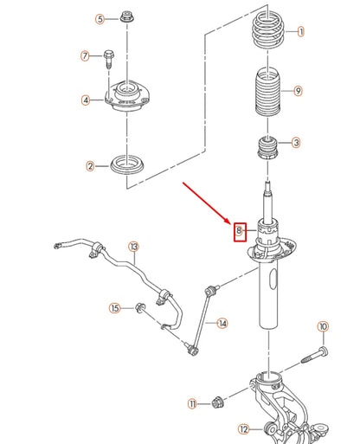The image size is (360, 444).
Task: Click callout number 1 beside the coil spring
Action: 301,32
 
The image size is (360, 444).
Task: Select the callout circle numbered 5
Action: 100,18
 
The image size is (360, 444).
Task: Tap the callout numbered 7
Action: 86,57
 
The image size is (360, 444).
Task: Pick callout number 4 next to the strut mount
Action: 86,100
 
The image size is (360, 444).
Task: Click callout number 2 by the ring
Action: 89,165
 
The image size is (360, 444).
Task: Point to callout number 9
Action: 298,91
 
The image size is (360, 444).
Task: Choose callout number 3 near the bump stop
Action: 296,143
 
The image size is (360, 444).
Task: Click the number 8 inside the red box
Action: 240,230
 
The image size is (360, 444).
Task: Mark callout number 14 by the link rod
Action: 222,324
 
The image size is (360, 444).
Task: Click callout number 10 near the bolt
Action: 323,326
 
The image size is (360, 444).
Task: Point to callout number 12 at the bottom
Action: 244,428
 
